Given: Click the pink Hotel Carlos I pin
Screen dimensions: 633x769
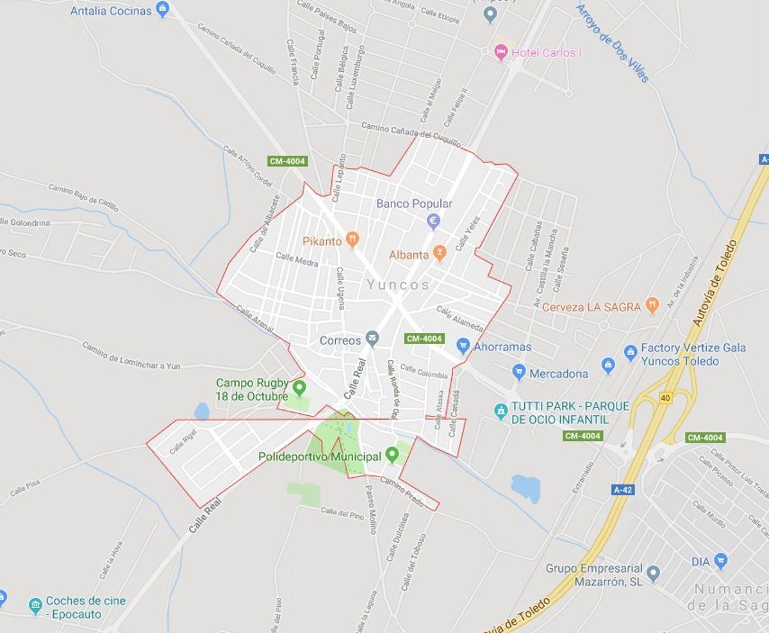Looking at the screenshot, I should click(501, 51).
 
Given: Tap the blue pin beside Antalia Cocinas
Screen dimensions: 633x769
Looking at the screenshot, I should click(163, 10).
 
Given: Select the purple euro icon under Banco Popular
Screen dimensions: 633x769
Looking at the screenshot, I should click(433, 222).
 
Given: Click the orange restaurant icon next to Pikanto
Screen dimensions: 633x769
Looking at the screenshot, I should click(352, 241).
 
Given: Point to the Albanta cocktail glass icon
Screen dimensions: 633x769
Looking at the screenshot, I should click(439, 254).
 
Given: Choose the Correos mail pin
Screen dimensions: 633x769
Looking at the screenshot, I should click(372, 338).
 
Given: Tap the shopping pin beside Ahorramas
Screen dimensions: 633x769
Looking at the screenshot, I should click(463, 347).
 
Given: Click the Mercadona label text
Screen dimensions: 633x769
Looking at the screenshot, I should click(559, 374).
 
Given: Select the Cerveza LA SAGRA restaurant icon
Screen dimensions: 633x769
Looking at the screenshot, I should click(652, 305).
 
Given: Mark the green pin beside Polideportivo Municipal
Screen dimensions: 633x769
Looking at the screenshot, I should click(392, 456).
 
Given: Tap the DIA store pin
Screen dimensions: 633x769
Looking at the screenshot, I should click(721, 561).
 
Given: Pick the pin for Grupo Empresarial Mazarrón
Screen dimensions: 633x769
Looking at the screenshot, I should click(653, 572).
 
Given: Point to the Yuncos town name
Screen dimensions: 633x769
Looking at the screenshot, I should click(398, 285).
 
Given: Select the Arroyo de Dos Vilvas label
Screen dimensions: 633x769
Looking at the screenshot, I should click(613, 43).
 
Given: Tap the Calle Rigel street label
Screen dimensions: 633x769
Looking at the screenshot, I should click(183, 441).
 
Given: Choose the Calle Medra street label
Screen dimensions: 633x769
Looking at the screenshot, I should click(296, 259).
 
